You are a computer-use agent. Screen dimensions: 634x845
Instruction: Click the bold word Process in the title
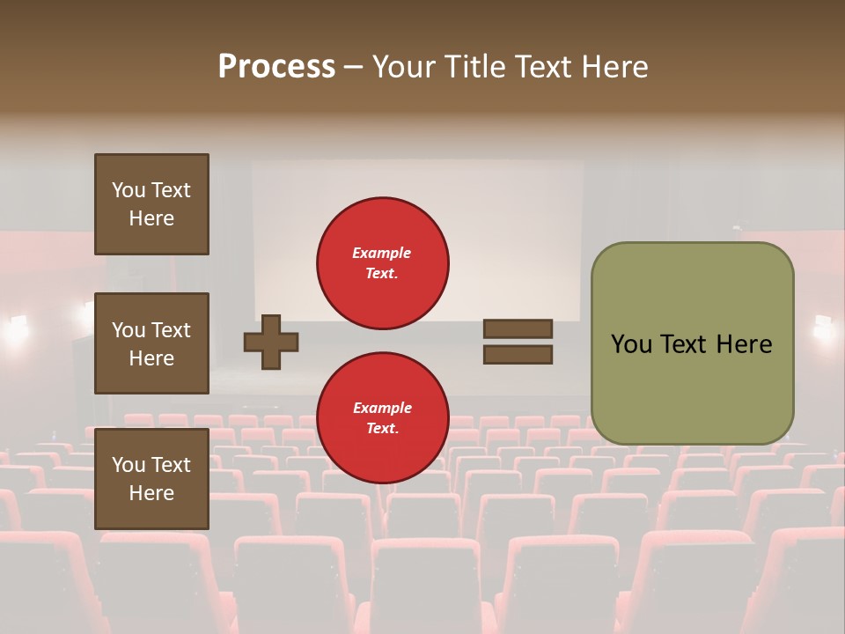(x=276, y=67)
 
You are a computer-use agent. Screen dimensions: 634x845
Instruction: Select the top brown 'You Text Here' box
(x=151, y=204)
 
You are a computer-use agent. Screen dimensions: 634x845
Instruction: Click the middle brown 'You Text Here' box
(x=151, y=343)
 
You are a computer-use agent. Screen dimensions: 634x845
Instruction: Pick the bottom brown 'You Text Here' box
(x=151, y=479)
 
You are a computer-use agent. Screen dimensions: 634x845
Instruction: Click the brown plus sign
(x=271, y=342)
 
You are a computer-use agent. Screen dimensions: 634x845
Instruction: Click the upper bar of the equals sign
(x=518, y=328)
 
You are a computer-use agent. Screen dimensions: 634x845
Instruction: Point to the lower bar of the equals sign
(x=518, y=355)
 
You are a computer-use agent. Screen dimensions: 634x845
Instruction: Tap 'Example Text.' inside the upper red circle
(x=382, y=262)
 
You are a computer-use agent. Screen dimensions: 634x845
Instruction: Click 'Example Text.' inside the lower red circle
(x=382, y=417)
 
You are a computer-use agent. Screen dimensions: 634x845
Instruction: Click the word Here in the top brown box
(x=151, y=218)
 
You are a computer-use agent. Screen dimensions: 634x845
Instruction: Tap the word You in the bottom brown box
(x=129, y=465)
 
